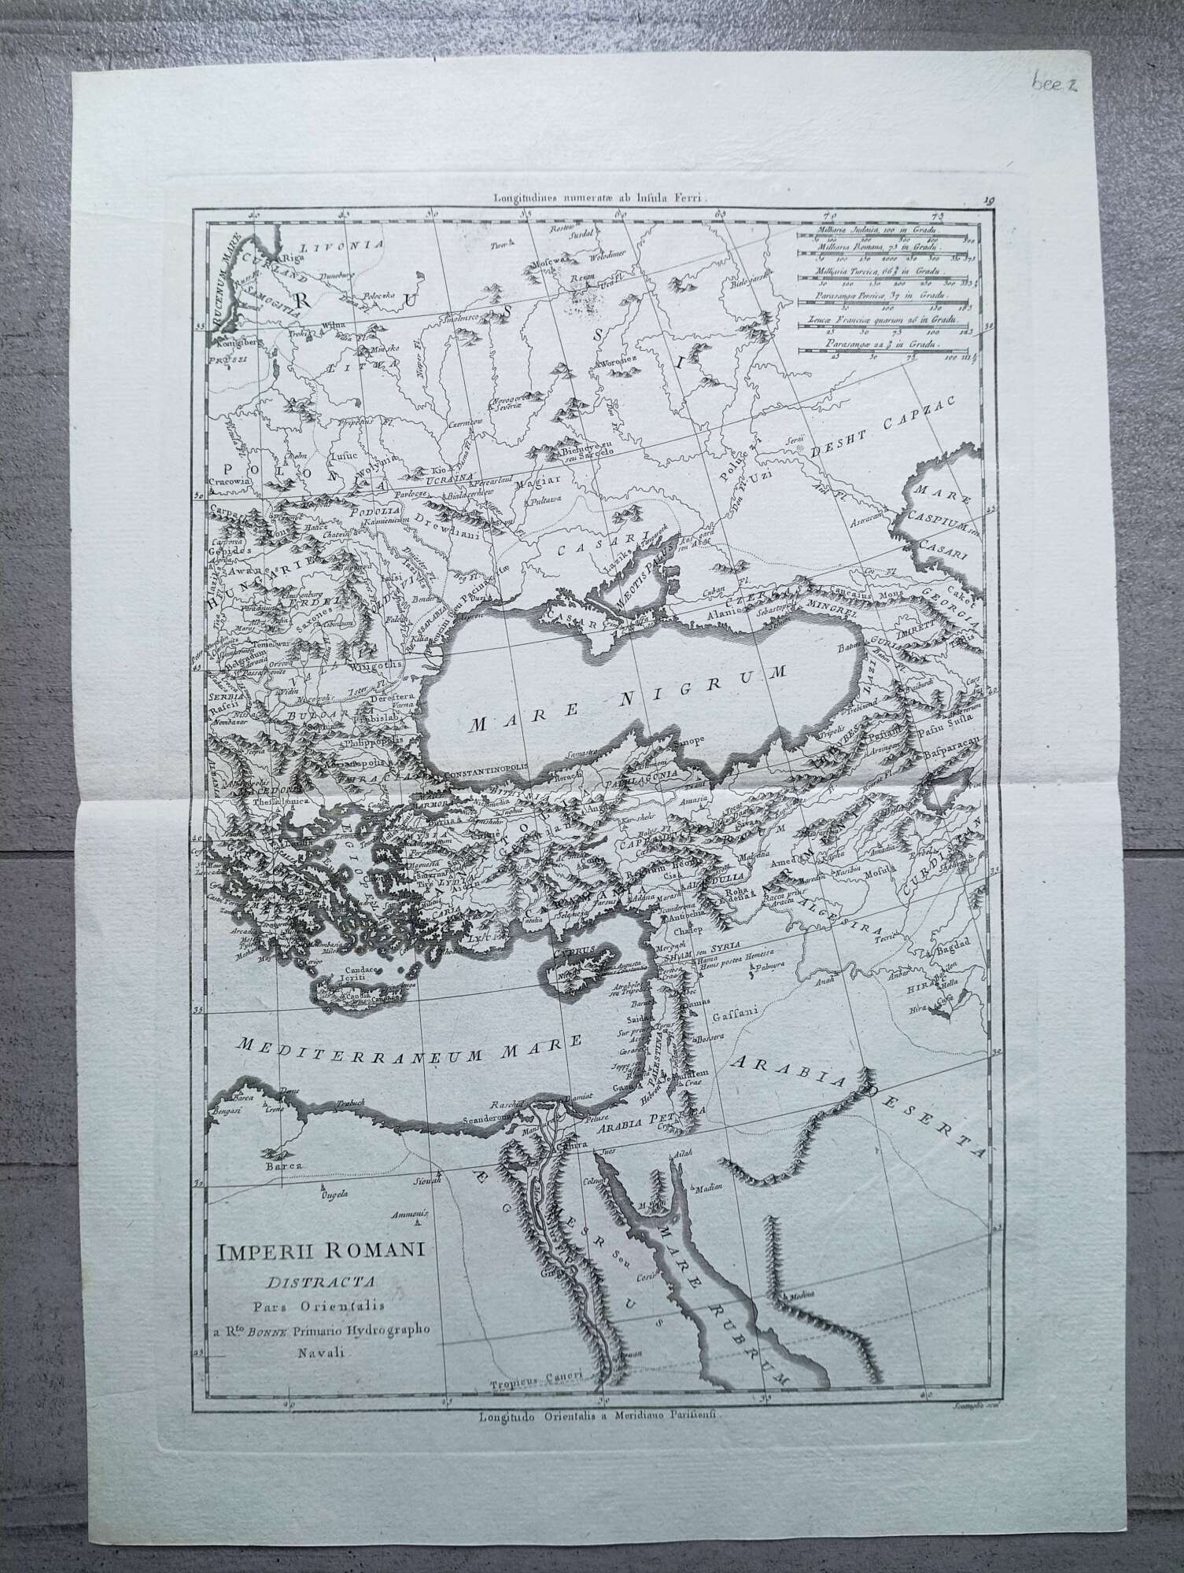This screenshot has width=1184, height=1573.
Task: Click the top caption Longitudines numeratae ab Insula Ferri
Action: point(597,201)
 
